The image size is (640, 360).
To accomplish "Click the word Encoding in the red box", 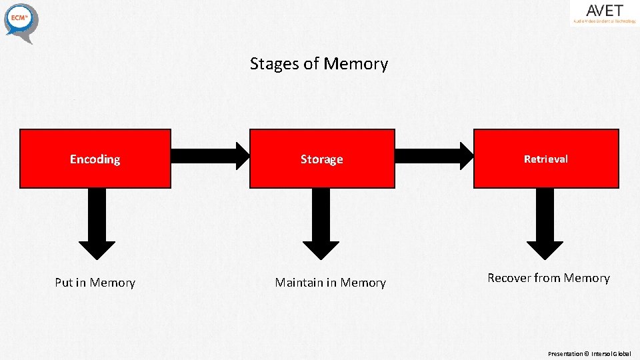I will [95, 159].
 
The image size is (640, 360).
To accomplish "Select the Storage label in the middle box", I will [321, 159].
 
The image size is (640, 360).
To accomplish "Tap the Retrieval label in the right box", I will [545, 159].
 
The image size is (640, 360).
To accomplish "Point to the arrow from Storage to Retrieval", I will [434, 156].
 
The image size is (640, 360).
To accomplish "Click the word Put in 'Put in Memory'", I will [63, 283].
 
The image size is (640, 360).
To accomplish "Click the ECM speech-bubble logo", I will [21, 21].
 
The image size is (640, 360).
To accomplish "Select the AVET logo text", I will [604, 11].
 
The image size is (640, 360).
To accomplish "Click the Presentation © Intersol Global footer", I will [589, 353].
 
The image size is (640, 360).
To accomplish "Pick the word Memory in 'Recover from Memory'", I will [587, 278].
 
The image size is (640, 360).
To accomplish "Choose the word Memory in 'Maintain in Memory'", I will [363, 283].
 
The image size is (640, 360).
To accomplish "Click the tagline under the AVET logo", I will [604, 21].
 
